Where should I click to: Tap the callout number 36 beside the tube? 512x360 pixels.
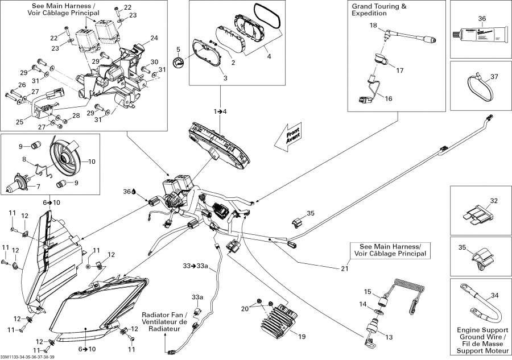pyautogui.click(x=482, y=18)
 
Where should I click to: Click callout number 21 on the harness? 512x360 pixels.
pyautogui.click(x=344, y=268)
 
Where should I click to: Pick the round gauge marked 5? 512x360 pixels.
pyautogui.click(x=179, y=63)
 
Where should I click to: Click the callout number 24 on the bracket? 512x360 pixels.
pyautogui.click(x=154, y=38)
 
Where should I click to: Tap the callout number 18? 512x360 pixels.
pyautogui.click(x=373, y=26)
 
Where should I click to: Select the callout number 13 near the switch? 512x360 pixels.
pyautogui.click(x=390, y=337)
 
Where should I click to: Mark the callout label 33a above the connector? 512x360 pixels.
pyautogui.click(x=197, y=297)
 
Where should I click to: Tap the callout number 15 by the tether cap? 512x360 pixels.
pyautogui.click(x=368, y=291)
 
